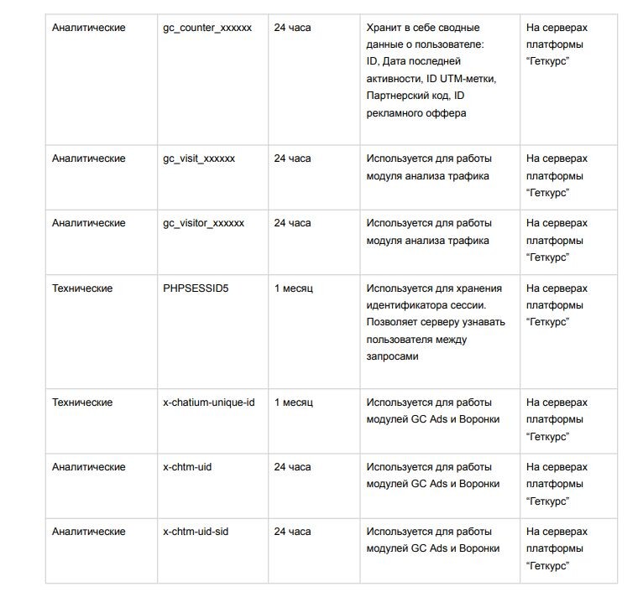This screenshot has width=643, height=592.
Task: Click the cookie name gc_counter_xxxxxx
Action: coord(207,28)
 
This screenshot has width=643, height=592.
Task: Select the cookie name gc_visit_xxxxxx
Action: coord(199,158)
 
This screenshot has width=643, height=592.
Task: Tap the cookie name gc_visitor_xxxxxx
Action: coord(203,223)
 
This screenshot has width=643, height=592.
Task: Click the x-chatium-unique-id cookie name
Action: coord(208,402)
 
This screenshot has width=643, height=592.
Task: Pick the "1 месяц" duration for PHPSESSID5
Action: coord(293,288)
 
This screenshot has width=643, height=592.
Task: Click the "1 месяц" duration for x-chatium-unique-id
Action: coord(293,402)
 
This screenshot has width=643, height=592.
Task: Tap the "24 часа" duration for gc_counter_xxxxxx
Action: coord(292,28)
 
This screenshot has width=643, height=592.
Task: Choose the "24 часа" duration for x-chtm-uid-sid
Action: coord(292,532)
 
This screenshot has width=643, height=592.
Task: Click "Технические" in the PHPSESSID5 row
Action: coord(82,288)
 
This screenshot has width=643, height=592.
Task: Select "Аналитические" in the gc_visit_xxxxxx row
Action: coord(89,158)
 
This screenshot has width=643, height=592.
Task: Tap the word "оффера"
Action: coord(446,113)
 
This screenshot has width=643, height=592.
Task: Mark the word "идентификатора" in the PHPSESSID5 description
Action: coord(406,305)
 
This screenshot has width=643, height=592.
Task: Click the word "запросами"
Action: coord(392,356)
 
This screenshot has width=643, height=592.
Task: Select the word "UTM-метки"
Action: coord(468,79)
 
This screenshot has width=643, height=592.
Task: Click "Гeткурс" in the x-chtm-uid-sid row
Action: coord(550,566)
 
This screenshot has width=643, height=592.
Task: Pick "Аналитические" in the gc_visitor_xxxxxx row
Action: coord(89,223)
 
